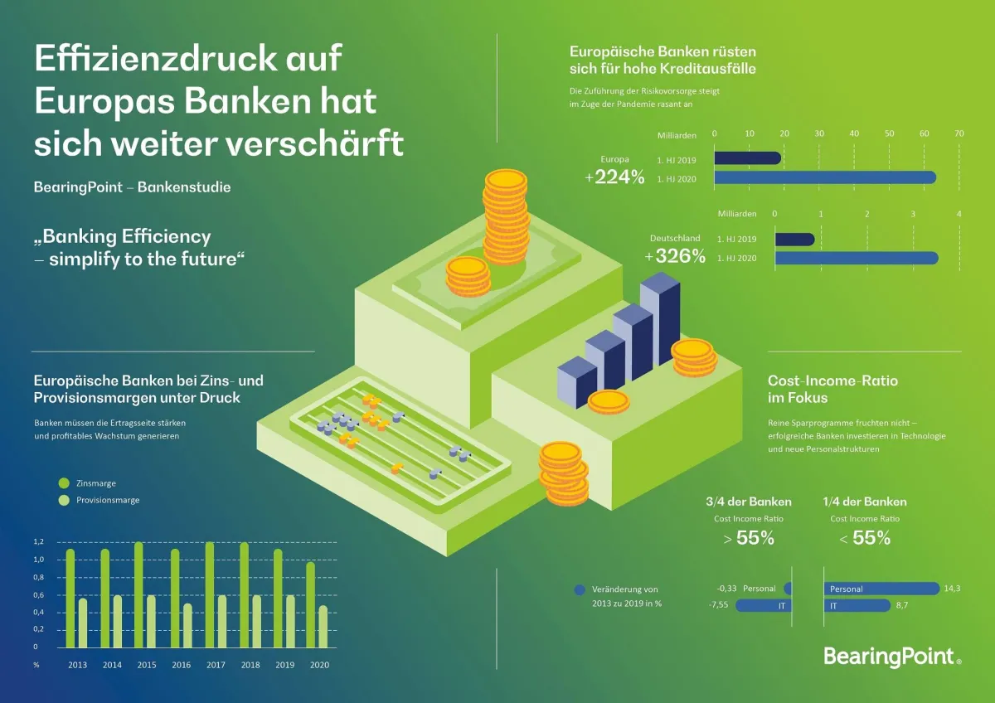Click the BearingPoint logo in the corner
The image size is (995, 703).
(x=892, y=657)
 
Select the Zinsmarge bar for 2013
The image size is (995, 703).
(x=70, y=598)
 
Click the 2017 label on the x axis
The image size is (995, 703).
(x=216, y=665)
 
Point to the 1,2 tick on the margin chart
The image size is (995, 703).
(x=38, y=542)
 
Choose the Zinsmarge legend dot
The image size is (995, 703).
(x=64, y=482)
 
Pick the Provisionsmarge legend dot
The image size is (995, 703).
(x=64, y=500)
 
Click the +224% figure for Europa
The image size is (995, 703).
(x=614, y=177)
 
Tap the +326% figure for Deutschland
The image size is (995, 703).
(x=675, y=257)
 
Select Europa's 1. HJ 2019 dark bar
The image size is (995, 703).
(x=747, y=158)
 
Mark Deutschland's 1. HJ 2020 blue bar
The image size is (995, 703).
(x=857, y=259)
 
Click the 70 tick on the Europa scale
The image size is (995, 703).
(x=959, y=134)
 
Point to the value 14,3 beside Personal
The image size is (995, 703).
(x=952, y=589)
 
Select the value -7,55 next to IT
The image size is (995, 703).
(x=718, y=606)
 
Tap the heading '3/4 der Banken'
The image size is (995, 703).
(x=748, y=502)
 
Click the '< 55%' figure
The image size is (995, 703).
(x=865, y=538)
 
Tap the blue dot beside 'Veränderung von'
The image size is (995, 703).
(x=580, y=590)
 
